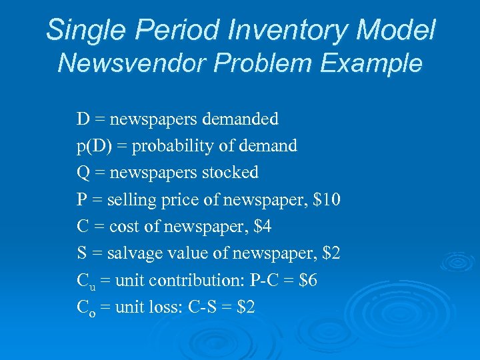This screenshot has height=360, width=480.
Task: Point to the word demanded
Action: click(x=237, y=119)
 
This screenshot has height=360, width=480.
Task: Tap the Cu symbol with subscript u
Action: click(x=85, y=281)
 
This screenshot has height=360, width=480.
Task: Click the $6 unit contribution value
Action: click(x=307, y=281)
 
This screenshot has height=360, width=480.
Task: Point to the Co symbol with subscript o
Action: click(x=85, y=308)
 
